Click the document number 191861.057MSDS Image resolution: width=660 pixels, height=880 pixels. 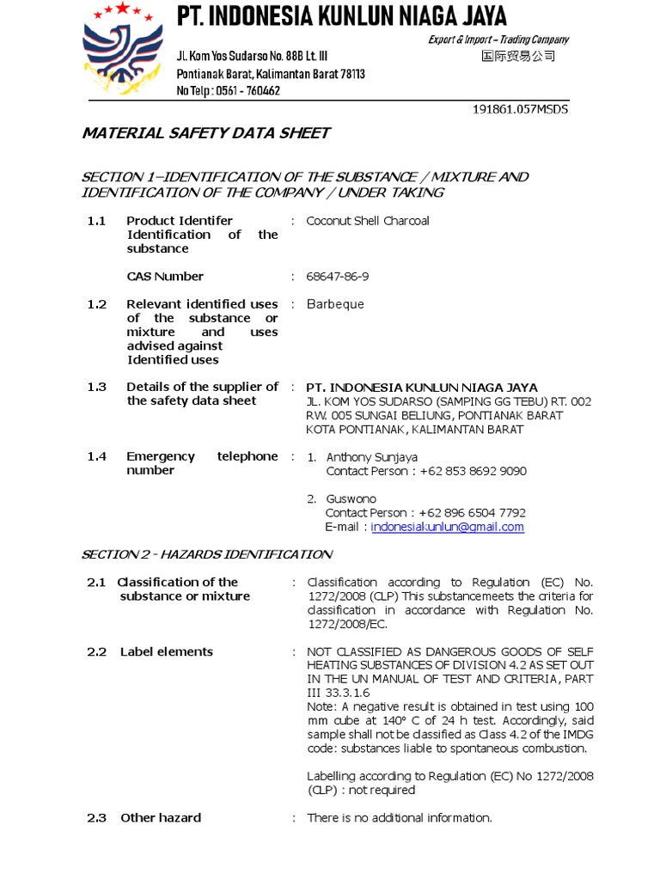coord(521,109)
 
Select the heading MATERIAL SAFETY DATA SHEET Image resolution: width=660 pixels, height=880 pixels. coord(205,133)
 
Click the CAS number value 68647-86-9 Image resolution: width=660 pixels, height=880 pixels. coord(344,277)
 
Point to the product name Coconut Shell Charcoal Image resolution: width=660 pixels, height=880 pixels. coord(368,221)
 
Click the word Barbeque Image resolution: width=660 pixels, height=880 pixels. coord(335,304)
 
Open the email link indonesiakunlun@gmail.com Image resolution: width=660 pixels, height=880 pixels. coord(447,527)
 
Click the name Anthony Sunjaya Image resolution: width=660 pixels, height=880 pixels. coord(372,457)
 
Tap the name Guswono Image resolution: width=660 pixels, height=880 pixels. coord(351,499)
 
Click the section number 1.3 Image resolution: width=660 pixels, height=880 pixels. coord(96,388)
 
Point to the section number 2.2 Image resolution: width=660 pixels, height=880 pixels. coord(96,652)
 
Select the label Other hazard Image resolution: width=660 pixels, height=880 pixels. coord(161,818)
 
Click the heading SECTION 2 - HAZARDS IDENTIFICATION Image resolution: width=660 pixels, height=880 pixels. coord(206,554)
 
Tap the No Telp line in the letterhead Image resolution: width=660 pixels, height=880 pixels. coord(228,90)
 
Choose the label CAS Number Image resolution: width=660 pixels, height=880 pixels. coord(165,277)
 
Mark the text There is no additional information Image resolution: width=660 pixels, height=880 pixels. coord(400,818)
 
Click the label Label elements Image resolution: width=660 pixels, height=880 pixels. coord(167,652)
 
